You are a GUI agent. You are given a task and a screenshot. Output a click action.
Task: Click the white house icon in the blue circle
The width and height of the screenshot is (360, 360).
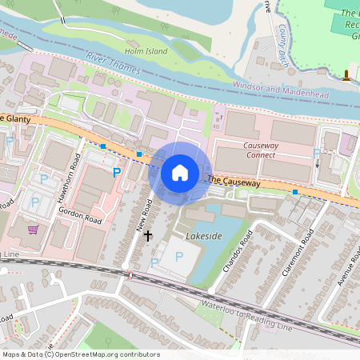tap(180, 171)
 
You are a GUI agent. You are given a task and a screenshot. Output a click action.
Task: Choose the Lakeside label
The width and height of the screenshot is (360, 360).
tap(202, 238)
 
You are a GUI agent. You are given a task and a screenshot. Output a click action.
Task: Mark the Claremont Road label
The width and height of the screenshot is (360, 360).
tap(295, 255)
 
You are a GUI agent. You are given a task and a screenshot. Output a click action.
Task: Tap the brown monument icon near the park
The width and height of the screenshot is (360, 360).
tap(346, 76)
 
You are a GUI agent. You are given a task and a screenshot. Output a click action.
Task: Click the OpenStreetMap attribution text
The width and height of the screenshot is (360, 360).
tap(80, 354)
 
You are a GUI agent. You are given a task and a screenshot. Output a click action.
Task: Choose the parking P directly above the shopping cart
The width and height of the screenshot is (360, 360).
tap(35, 202)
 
